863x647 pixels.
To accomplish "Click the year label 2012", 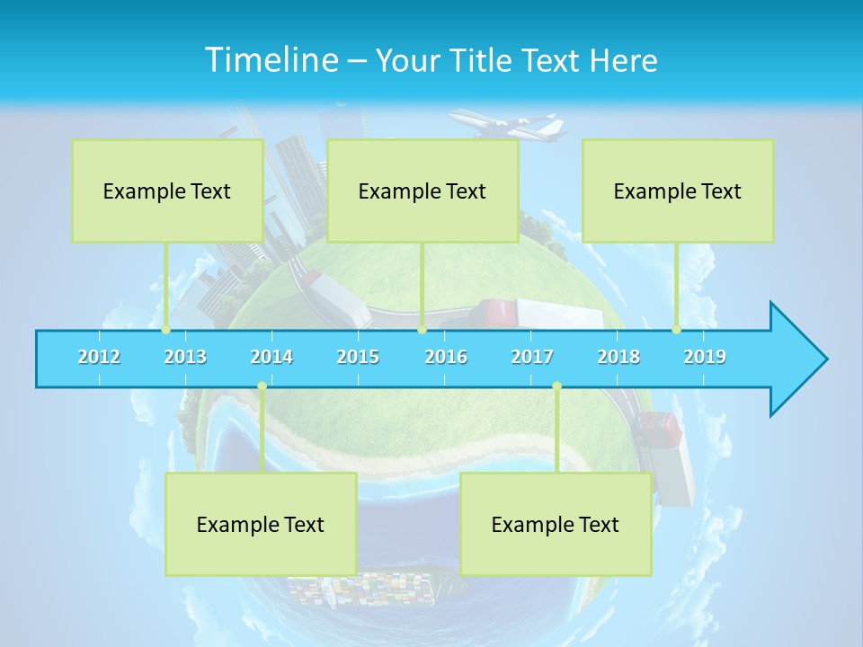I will (99, 357).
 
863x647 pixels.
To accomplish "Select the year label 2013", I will (185, 357).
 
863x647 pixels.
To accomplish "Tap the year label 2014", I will (271, 357).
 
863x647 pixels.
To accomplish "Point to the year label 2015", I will (358, 357).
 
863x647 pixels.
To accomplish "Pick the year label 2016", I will (446, 357).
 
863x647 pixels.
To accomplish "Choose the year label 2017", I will (532, 357).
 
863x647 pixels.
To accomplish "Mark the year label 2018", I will (618, 357).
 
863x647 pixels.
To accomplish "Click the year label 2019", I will (705, 357).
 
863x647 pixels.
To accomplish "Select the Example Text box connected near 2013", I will (167, 191).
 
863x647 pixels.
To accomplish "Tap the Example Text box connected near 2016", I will (423, 191).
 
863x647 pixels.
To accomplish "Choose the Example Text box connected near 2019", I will (678, 191).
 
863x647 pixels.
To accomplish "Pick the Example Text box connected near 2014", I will (261, 524).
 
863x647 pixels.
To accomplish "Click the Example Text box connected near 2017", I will (556, 524).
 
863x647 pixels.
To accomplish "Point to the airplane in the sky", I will (509, 126).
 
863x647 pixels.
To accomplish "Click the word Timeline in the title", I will (271, 60).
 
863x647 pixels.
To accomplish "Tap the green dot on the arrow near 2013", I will (165, 330).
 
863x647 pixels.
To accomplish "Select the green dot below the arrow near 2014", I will (262, 386).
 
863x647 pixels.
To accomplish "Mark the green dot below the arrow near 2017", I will (556, 386).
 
